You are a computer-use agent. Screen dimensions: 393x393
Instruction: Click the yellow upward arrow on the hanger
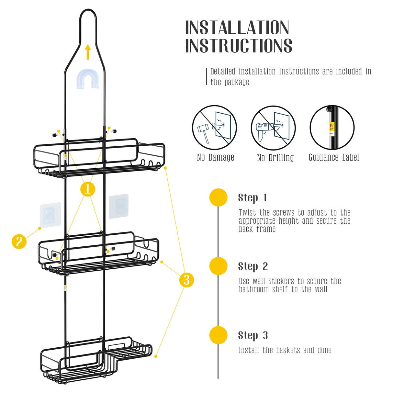(x=87, y=52)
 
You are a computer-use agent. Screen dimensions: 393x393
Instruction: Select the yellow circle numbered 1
(x=88, y=189)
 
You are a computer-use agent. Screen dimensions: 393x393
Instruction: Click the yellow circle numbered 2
(x=19, y=241)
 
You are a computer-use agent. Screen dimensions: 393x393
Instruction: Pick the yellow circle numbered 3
(x=186, y=280)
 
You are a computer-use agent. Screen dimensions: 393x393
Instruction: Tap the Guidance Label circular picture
(x=332, y=128)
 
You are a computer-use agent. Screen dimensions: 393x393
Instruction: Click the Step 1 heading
(x=253, y=197)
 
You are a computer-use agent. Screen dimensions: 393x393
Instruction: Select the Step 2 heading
(x=253, y=266)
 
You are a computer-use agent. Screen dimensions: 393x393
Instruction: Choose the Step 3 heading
(x=253, y=335)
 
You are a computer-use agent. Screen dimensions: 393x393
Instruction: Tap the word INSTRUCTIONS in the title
(x=239, y=46)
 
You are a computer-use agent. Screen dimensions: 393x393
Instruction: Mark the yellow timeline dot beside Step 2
(x=218, y=266)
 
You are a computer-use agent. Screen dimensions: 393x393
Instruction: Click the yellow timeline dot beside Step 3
(x=218, y=335)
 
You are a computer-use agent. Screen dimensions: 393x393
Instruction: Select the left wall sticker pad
(x=50, y=215)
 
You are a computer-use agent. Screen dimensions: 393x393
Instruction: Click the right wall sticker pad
(x=118, y=206)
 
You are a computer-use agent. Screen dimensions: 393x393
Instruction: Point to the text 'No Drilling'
(x=275, y=158)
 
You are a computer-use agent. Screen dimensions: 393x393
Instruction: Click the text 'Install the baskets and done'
(x=285, y=350)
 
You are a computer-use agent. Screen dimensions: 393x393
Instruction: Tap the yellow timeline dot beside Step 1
(x=218, y=197)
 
